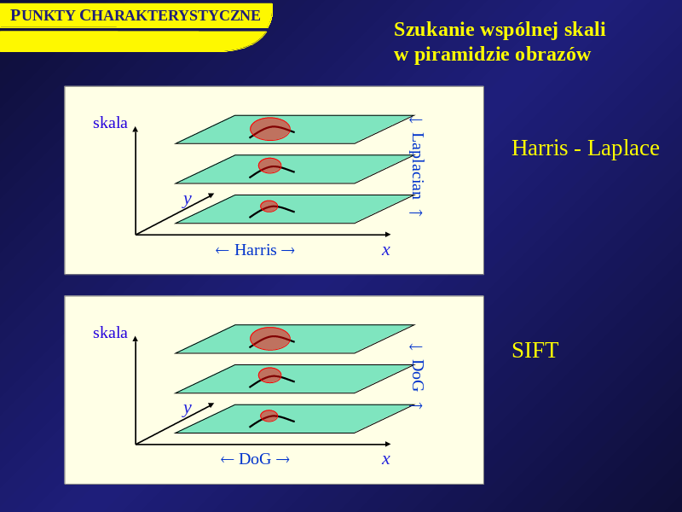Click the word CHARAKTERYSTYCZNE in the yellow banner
pyautogui.click(x=170, y=15)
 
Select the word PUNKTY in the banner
pyautogui.click(x=43, y=15)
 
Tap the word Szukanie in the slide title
pyautogui.click(x=434, y=30)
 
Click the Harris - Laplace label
pyautogui.click(x=586, y=148)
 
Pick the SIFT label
pyautogui.click(x=535, y=350)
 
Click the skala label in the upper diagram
pyautogui.click(x=110, y=122)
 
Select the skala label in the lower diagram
pyautogui.click(x=110, y=332)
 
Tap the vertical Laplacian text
pyautogui.click(x=418, y=166)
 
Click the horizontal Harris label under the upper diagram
pyautogui.click(x=255, y=250)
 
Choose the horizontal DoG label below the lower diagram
pyautogui.click(x=255, y=459)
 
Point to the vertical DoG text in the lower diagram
pyautogui.click(x=418, y=375)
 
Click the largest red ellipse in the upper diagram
pyautogui.click(x=270, y=129)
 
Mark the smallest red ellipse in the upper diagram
pyautogui.click(x=269, y=207)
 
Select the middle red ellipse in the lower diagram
pyautogui.click(x=269, y=375)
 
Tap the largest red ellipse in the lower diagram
pyautogui.click(x=270, y=339)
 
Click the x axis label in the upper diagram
pyautogui.click(x=386, y=250)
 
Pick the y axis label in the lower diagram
pyautogui.click(x=187, y=409)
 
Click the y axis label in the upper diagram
pyautogui.click(x=187, y=200)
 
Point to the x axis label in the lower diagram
pyautogui.click(x=386, y=459)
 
